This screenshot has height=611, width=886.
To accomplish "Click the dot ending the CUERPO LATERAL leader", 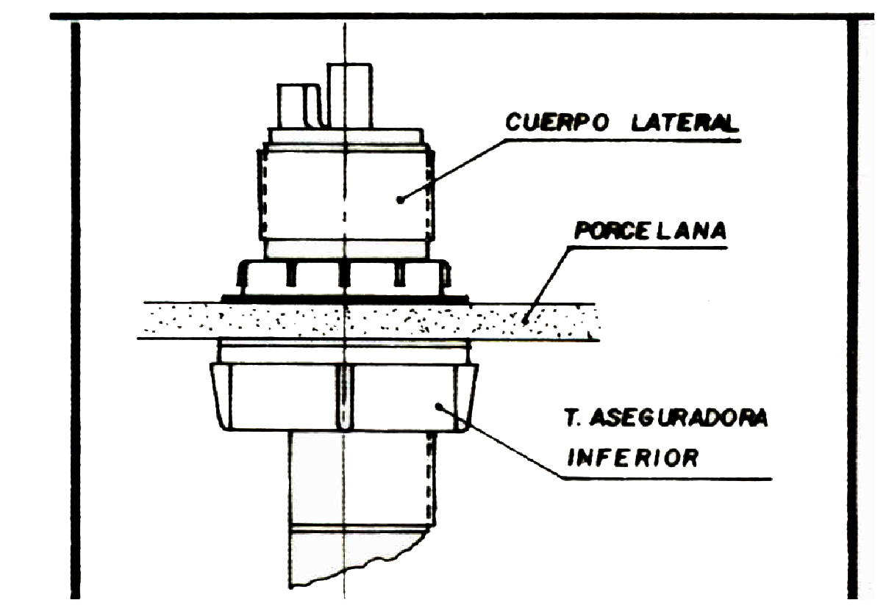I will pyautogui.click(x=399, y=198).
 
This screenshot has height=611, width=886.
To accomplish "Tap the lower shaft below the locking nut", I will pyautogui.click(x=360, y=477).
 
